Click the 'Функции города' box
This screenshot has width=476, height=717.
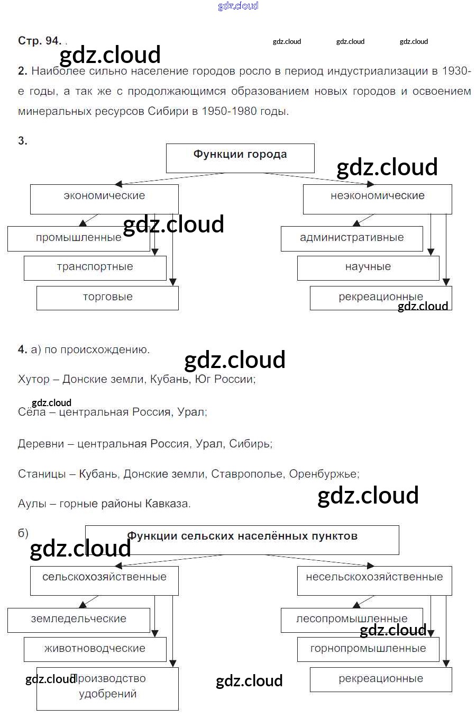(240, 158)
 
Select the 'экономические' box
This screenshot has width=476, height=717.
(104, 199)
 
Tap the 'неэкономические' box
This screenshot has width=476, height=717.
(377, 199)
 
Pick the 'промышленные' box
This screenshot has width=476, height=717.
(78, 238)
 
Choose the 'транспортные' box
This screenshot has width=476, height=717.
(95, 268)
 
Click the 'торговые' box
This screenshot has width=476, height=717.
(107, 298)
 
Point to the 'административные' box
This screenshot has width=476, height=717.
(352, 238)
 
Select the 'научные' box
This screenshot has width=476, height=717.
(368, 268)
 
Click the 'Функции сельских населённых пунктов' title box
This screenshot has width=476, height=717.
(242, 540)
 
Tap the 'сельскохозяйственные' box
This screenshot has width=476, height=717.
(104, 580)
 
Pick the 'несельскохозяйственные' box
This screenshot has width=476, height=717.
(374, 580)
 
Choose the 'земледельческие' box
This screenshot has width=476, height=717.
(78, 620)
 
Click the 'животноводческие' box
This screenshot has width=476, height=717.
(95, 649)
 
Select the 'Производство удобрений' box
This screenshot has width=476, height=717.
(107, 688)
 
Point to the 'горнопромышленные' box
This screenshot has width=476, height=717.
(368, 649)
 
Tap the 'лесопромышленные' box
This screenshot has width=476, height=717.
(352, 620)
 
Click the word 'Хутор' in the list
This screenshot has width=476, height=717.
(34, 380)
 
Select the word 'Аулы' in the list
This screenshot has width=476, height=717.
(32, 504)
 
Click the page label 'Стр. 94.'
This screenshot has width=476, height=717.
(40, 41)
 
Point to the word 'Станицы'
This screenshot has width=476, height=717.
(42, 474)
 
